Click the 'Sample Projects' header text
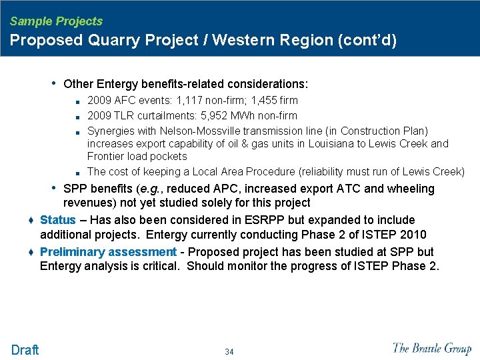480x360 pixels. (56, 21)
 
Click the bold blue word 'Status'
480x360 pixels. (58, 220)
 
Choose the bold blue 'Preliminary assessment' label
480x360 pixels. (108, 252)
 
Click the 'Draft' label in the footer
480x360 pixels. (25, 349)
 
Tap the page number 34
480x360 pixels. (229, 351)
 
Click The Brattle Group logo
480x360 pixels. (432, 348)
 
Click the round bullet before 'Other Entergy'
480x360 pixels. (54, 83)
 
